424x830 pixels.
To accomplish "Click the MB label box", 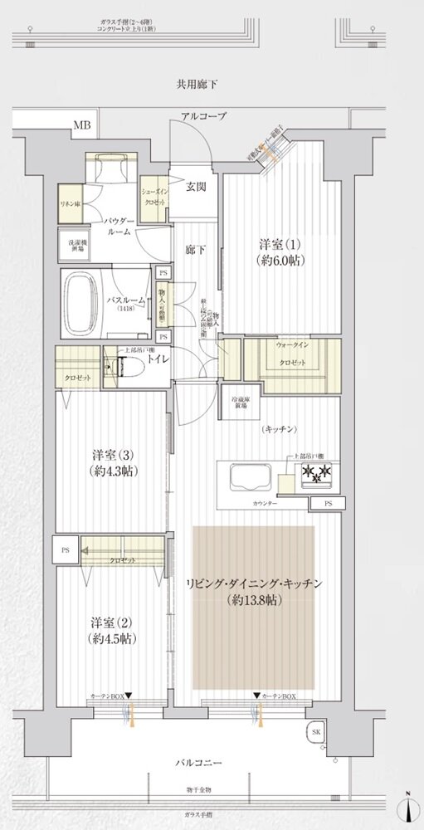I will (81, 125).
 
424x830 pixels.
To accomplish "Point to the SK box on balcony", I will (316, 731).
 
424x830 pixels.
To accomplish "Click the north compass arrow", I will (411, 806).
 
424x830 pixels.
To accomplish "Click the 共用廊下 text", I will (197, 84).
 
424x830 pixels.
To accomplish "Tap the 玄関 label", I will (196, 187).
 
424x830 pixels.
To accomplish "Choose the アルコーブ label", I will (205, 117).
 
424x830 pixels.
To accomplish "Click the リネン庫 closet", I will (68, 203).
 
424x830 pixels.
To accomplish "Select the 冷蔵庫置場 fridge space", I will (240, 403).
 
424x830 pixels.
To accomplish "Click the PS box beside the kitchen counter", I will (329, 504).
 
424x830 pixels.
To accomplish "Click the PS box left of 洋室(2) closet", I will (66, 549).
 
